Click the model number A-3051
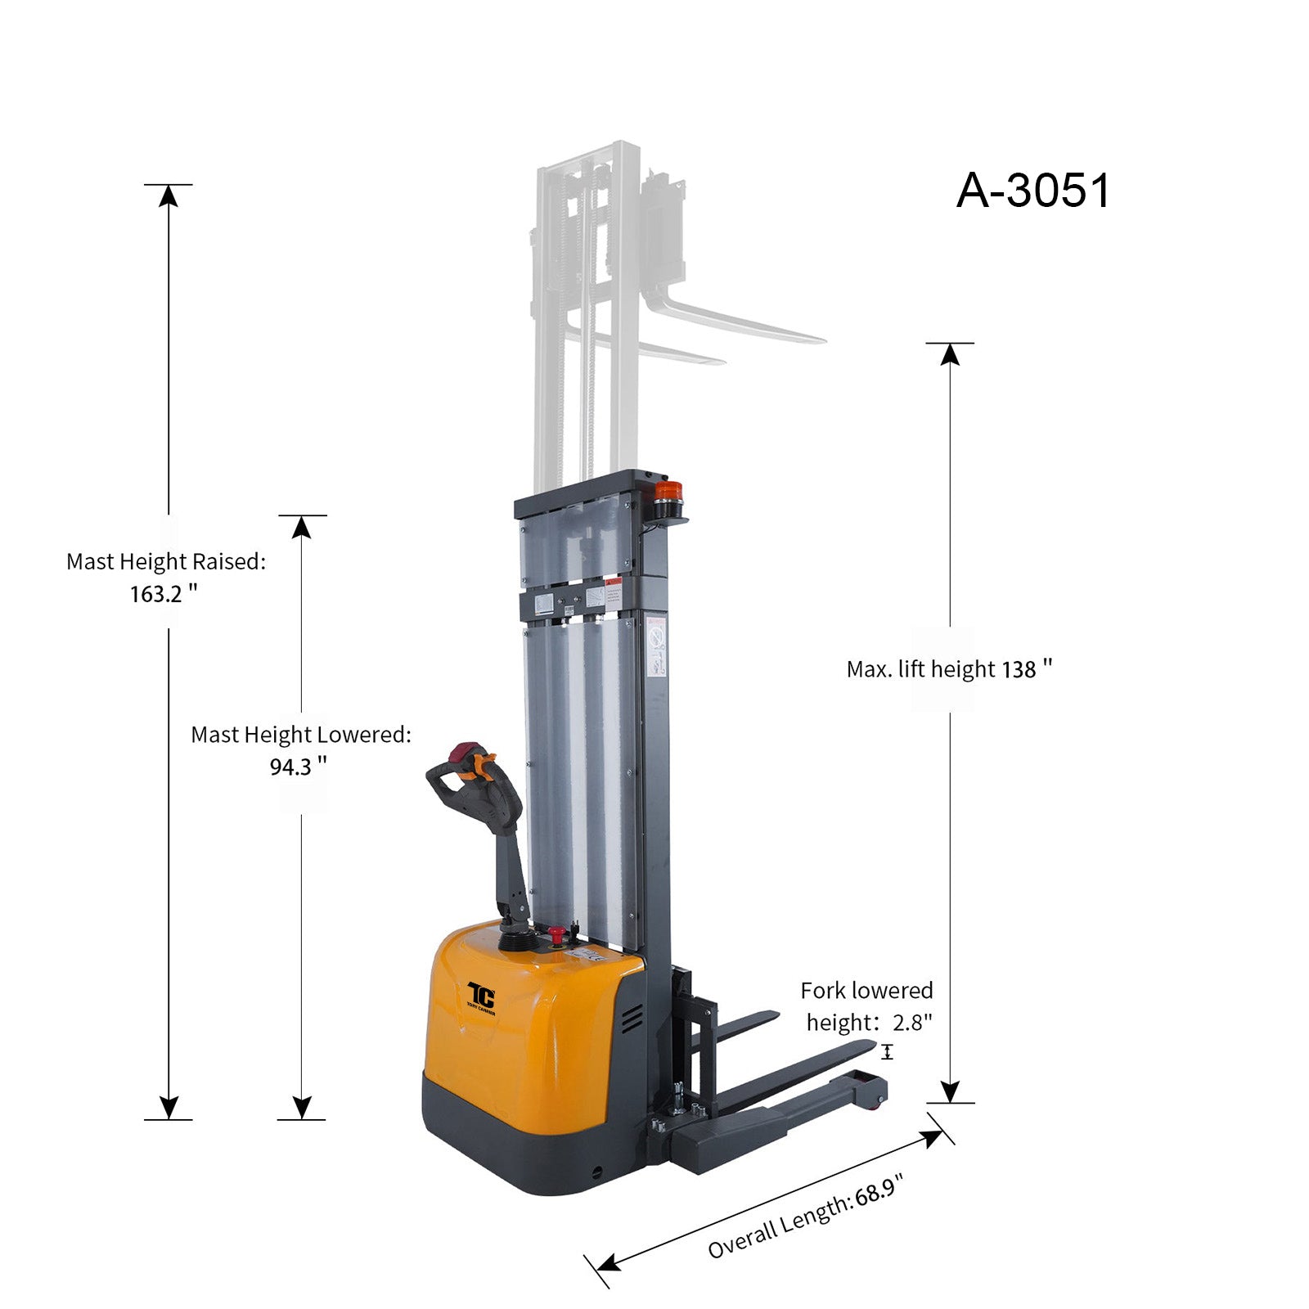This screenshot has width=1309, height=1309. coord(1033,191)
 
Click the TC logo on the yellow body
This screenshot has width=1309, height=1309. coord(481,997)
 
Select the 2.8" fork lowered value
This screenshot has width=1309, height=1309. coord(912,1022)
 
